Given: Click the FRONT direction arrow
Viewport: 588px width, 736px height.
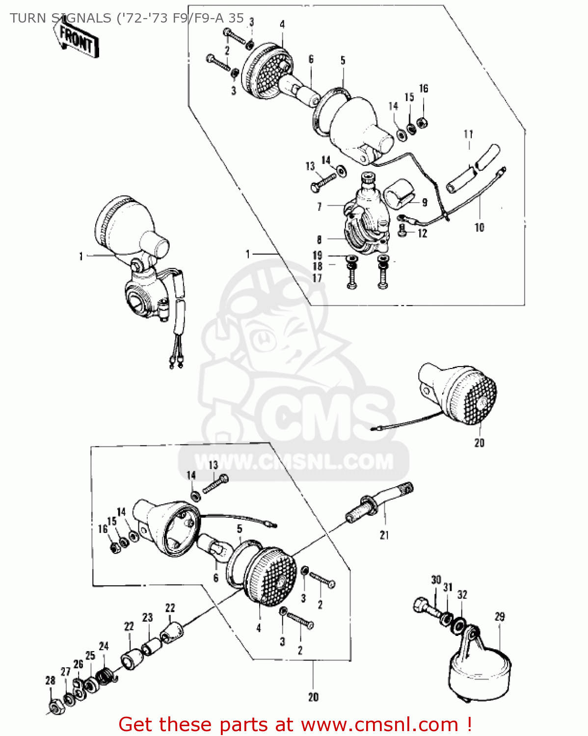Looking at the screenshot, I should pos(77,39).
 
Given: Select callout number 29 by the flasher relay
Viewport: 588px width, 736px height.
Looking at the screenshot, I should pos(500,617).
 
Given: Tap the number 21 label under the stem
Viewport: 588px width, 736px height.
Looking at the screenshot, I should pos(384,535).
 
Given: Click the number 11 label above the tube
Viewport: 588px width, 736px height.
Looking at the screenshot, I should pos(468,134).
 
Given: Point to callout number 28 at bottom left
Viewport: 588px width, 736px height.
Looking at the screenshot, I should pos(50,681).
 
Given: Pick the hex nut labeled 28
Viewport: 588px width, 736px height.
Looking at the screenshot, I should pos(54,707).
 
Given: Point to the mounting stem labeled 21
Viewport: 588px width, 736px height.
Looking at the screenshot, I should pos(378,503).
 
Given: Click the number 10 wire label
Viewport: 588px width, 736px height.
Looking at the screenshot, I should pos(479,227).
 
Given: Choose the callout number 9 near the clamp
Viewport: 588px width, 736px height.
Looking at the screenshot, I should pos(425,202).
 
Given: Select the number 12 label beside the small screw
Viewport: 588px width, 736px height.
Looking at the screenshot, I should pos(422,234).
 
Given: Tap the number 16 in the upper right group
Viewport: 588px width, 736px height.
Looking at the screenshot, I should pos(424,89).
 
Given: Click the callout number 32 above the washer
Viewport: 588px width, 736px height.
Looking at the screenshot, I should pos(462,595).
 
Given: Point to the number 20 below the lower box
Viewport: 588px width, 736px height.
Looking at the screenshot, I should pos(313,697).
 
